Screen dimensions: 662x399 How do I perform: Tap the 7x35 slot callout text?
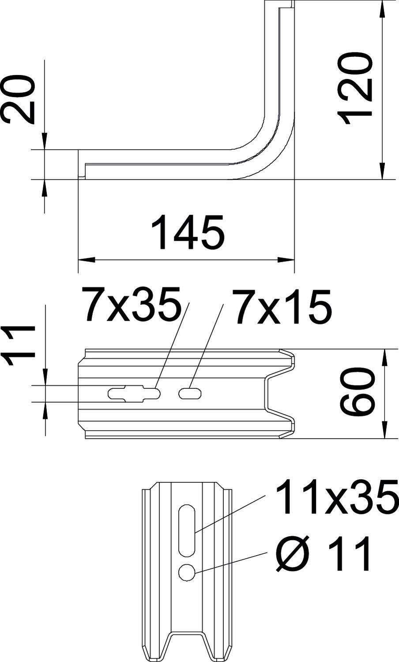(x=132, y=305)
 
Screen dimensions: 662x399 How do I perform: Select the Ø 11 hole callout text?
(x=322, y=554)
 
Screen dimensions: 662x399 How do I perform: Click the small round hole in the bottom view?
(x=187, y=572)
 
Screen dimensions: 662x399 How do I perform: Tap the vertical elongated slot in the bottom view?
(x=187, y=530)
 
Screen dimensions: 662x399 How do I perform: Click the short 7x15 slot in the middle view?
(x=190, y=393)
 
